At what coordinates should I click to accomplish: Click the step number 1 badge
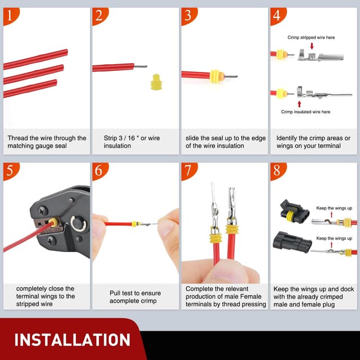10,15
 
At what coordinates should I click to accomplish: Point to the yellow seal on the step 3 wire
214,75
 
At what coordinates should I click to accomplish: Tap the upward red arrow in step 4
299,103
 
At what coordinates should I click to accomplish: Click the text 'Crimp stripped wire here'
311,37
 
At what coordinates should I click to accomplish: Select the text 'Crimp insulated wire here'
305,112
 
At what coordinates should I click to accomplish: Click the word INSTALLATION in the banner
72,340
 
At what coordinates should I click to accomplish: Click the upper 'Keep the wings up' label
334,208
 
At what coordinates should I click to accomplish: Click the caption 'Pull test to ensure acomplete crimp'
135,296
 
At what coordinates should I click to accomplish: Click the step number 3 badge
188,15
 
